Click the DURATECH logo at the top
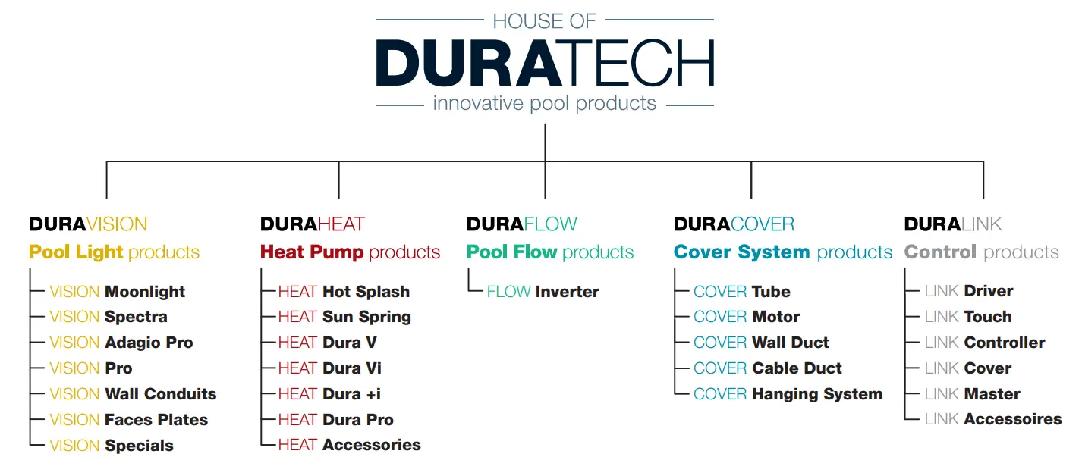(545, 63)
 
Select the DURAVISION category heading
(88, 224)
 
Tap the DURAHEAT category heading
(313, 224)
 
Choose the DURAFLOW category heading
(522, 224)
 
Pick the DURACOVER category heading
(734, 224)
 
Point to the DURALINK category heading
(953, 224)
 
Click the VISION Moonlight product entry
(118, 292)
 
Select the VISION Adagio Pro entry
(121, 343)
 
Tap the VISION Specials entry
(112, 446)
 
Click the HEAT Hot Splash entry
(344, 292)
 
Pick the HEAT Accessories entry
(349, 446)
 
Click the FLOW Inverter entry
(543, 292)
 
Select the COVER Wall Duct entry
(761, 343)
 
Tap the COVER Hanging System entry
(788, 394)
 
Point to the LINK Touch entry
(968, 317)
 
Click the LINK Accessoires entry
(993, 419)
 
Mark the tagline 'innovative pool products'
(545, 103)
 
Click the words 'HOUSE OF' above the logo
(545, 20)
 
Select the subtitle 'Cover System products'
(783, 252)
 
